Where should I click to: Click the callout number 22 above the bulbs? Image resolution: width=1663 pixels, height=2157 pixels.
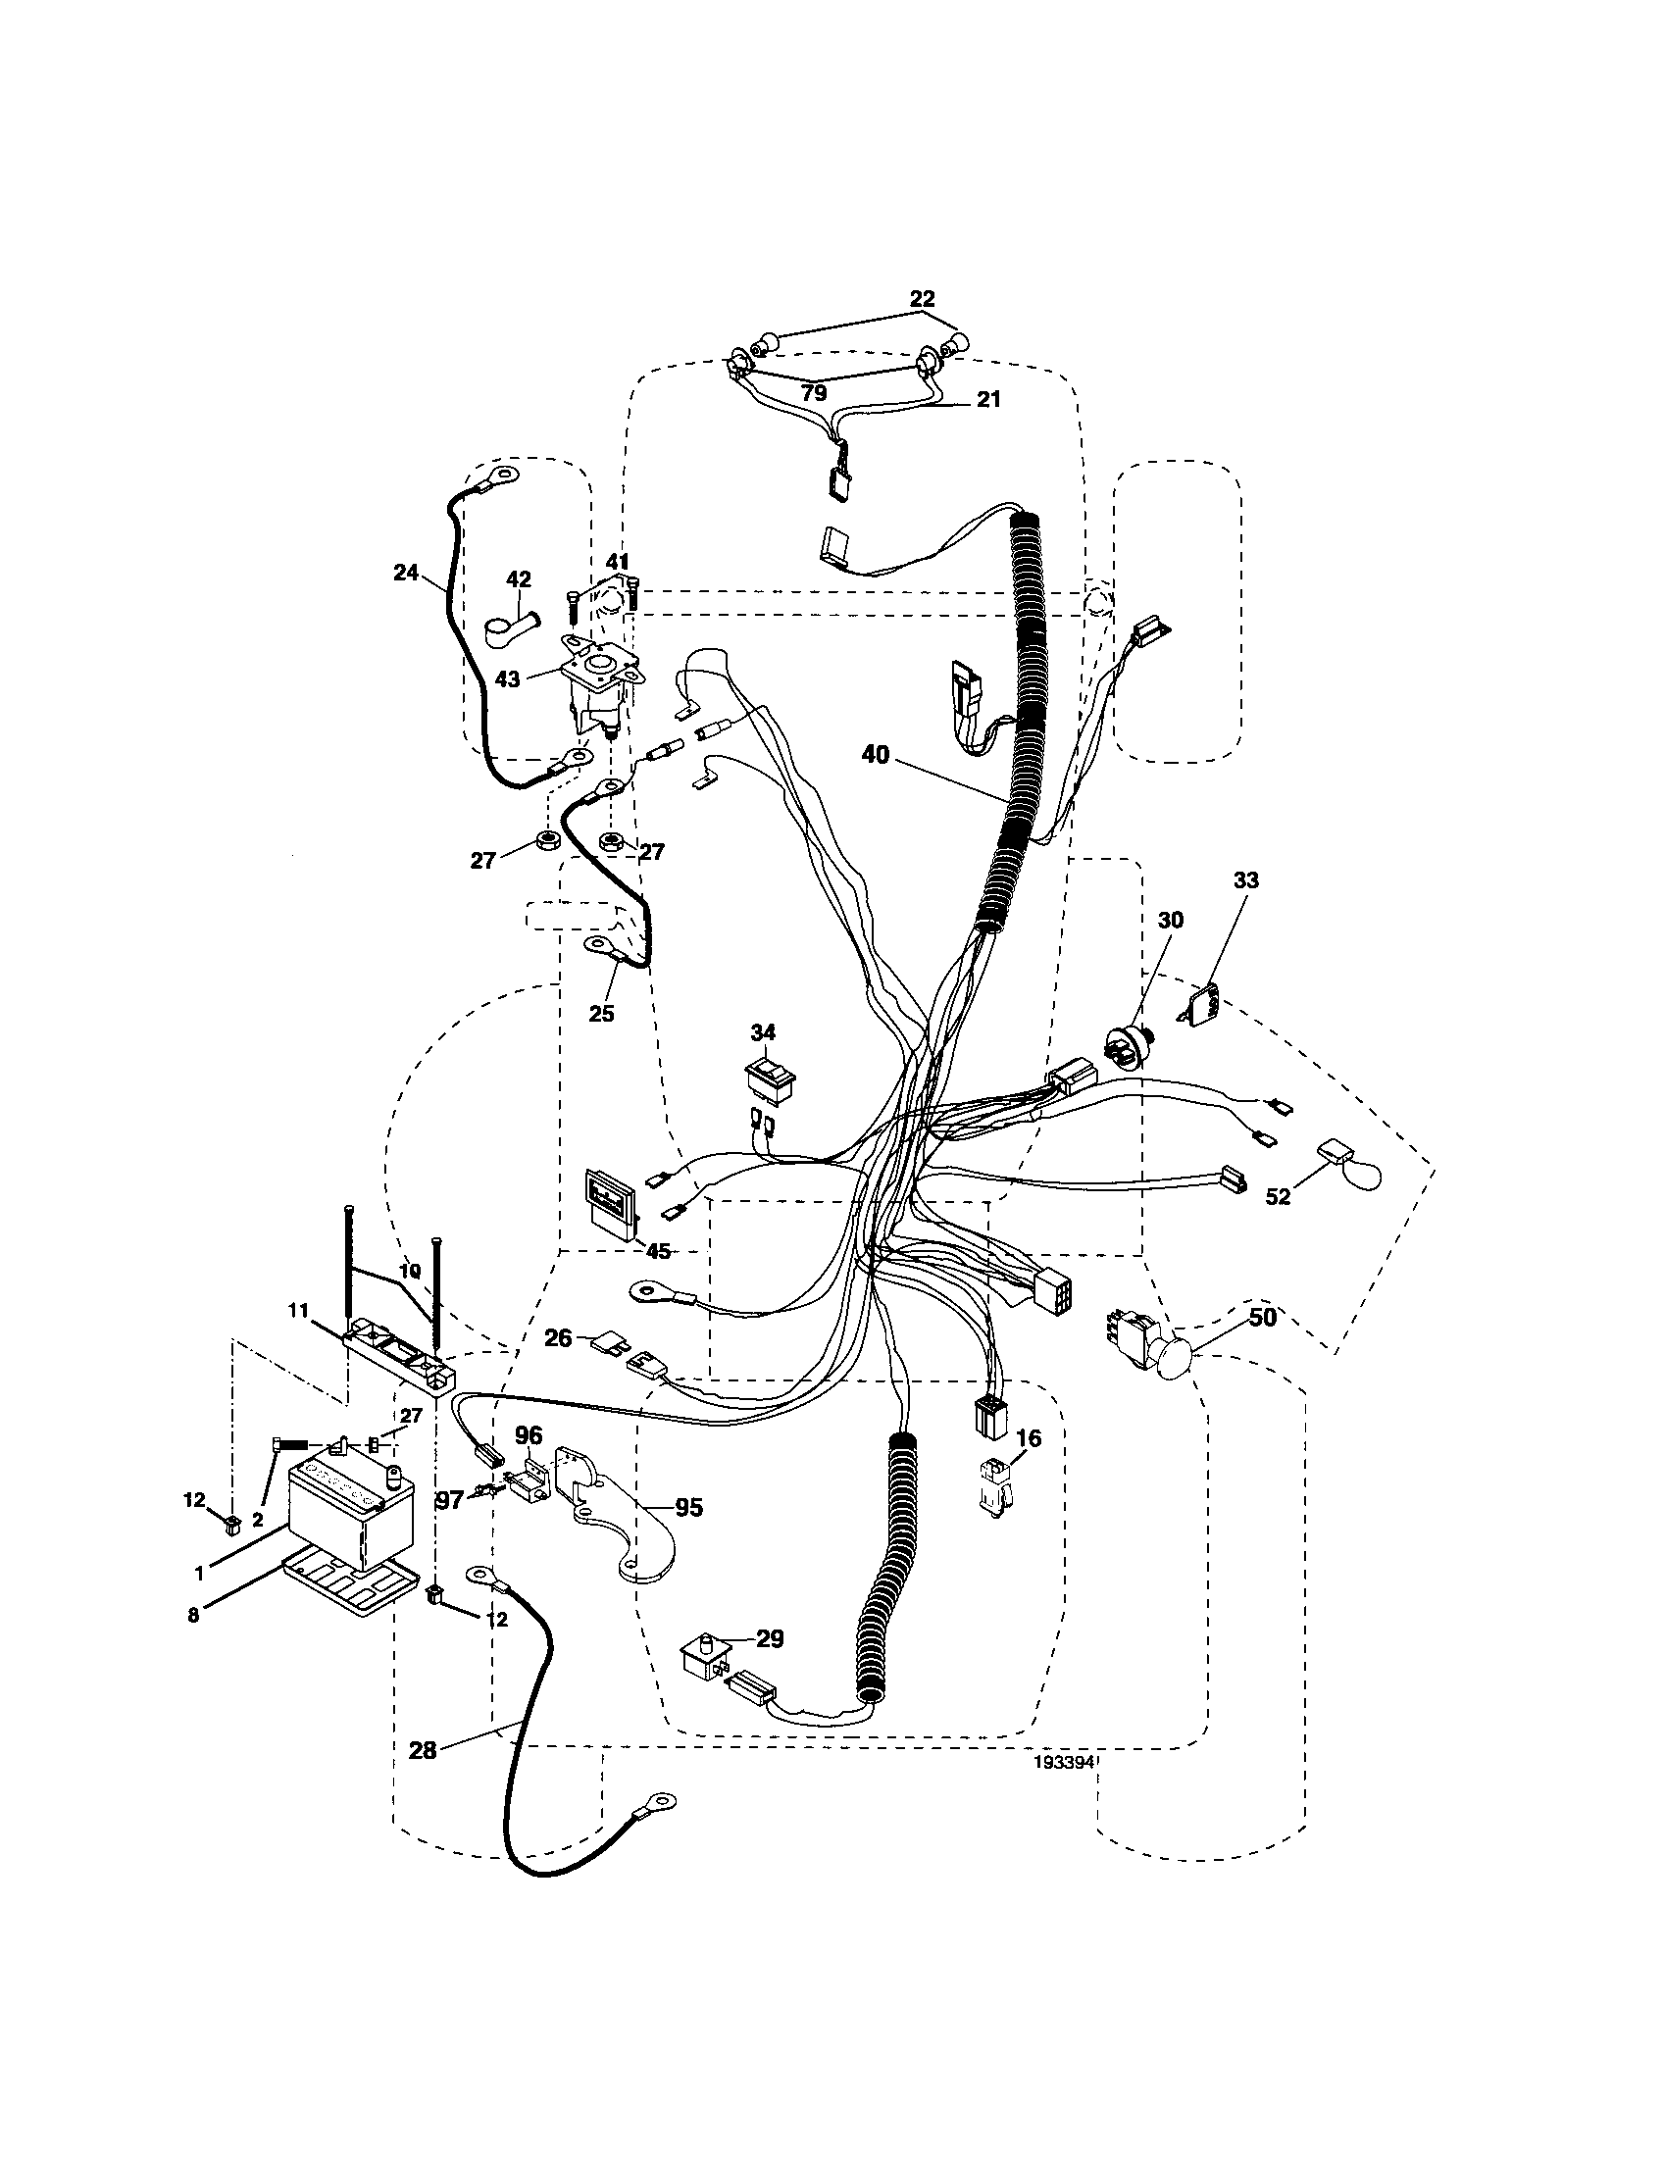point(922,298)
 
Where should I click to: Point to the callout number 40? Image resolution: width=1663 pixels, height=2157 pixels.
point(875,756)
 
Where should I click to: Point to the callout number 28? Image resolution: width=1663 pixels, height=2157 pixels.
point(423,1750)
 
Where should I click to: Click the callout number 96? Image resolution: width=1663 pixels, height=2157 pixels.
point(529,1435)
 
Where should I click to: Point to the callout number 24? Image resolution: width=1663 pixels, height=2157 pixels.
point(406,572)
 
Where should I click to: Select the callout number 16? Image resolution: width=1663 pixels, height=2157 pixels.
point(1029,1439)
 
